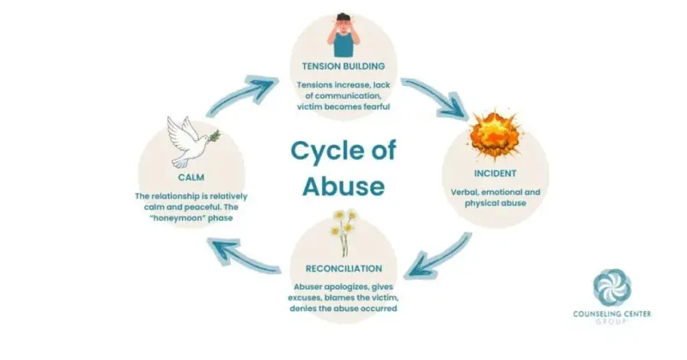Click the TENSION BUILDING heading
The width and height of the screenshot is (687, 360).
[343, 66]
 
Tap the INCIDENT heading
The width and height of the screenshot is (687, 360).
[495, 174]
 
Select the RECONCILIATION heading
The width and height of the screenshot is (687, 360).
[343, 268]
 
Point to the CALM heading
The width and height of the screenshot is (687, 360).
[191, 178]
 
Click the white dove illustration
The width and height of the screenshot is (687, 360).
[192, 141]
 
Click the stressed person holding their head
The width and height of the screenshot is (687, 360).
[343, 35]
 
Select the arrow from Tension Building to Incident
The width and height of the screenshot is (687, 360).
[435, 96]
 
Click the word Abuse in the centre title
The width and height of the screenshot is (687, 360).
[343, 186]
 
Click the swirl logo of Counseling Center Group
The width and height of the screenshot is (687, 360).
[612, 287]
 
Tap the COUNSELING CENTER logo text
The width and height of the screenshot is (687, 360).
[612, 314]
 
